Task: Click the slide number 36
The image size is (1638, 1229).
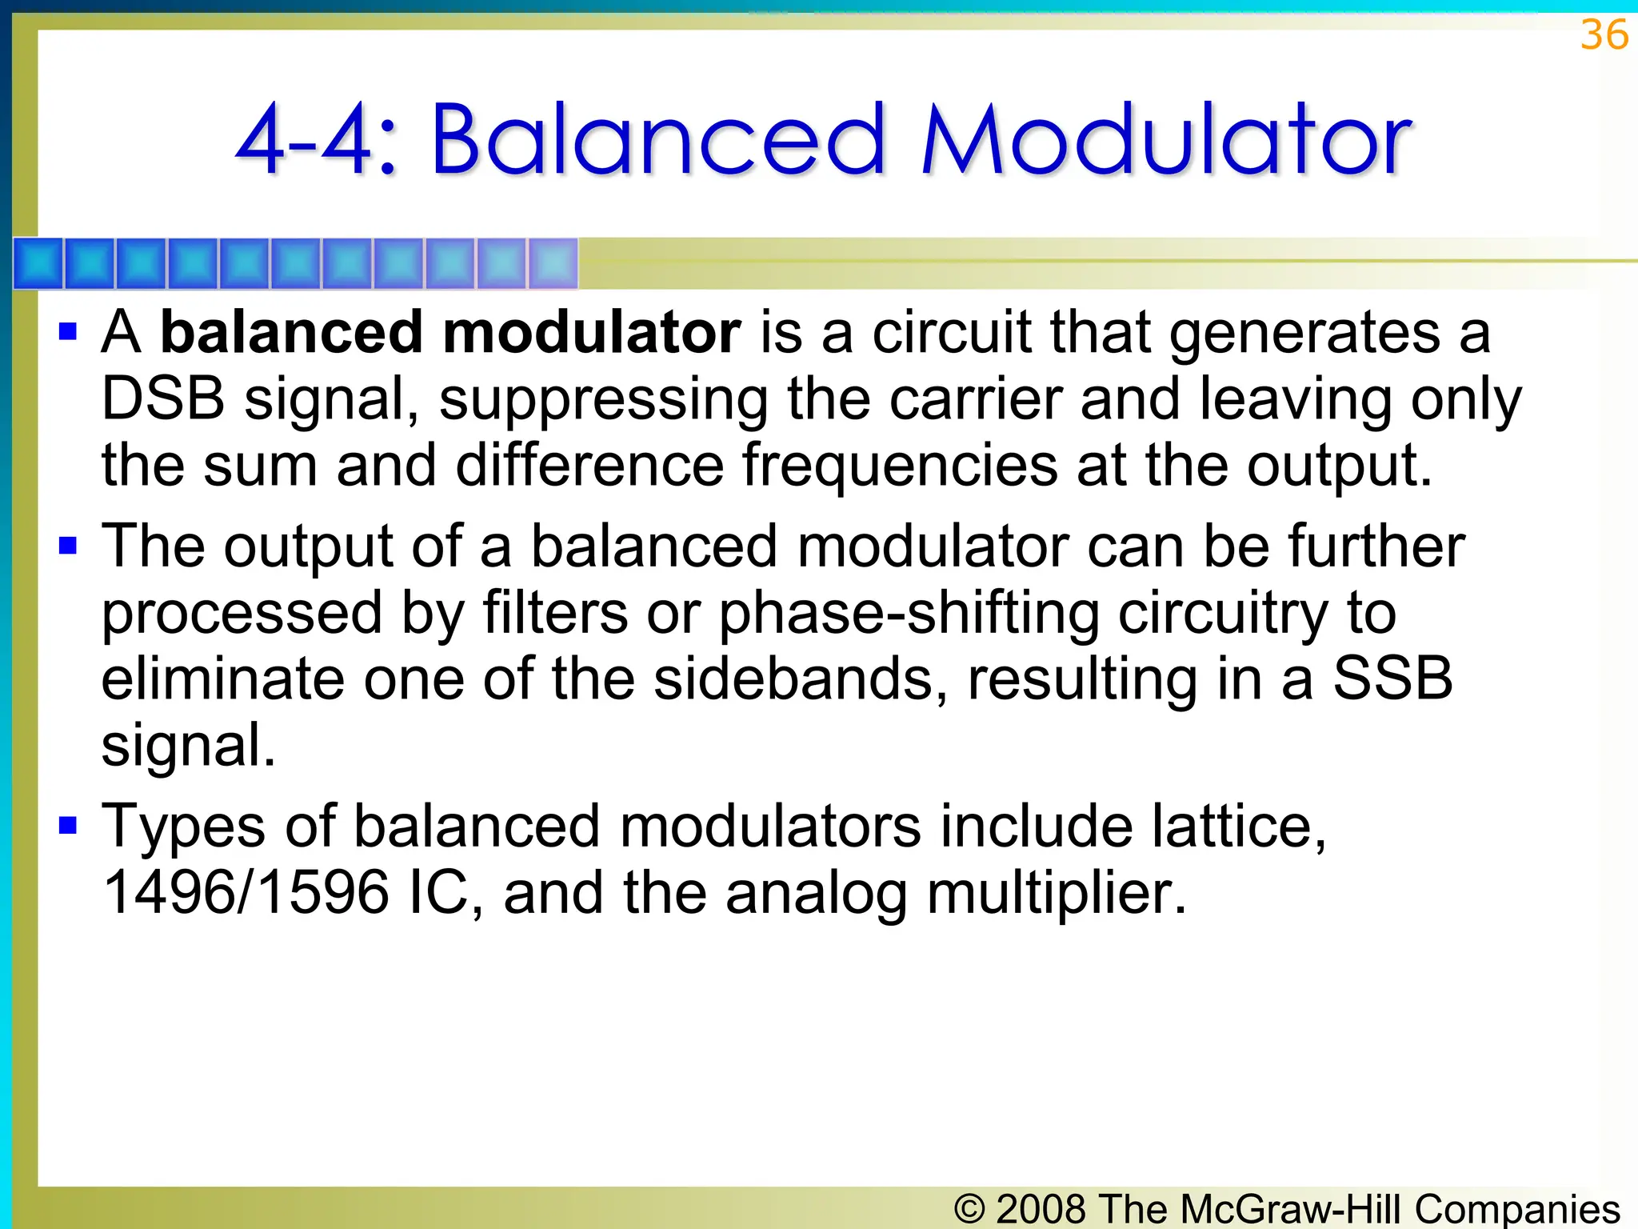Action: point(1604,35)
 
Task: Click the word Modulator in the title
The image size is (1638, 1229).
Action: point(1166,140)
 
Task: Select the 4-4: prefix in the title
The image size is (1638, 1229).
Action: point(317,142)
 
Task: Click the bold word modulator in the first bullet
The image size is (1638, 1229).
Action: point(591,333)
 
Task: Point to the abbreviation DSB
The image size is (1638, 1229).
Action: point(163,398)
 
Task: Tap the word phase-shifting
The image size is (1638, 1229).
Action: point(908,614)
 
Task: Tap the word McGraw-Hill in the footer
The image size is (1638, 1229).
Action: point(1290,1208)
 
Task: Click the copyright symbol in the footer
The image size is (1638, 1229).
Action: point(970,1209)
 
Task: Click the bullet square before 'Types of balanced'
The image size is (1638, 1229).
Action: point(68,825)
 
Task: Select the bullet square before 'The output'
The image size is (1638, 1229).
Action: point(68,546)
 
